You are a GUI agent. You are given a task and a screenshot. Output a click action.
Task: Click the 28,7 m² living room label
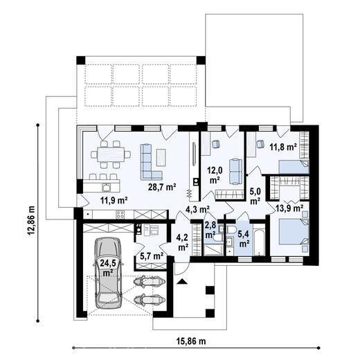162,187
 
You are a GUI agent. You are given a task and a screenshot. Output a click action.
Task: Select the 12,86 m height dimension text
31,220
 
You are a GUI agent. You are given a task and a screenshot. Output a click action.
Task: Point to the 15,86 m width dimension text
191,341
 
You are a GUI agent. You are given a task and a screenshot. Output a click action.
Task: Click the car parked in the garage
108,273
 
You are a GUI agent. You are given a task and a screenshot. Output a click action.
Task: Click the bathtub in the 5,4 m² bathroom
260,242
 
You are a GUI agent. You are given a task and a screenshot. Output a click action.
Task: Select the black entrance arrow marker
182,281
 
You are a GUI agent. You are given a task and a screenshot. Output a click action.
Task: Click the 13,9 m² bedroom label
289,208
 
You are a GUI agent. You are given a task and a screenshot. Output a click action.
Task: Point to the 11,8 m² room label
283,147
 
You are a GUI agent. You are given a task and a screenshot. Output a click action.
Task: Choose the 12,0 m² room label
215,176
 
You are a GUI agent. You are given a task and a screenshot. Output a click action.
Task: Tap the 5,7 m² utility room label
152,255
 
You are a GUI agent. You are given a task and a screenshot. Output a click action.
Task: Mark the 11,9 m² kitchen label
114,200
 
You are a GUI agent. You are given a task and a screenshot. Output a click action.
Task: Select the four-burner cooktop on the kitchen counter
120,215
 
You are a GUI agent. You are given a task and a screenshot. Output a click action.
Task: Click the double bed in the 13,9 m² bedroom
294,232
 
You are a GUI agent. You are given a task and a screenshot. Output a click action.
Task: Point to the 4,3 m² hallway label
197,209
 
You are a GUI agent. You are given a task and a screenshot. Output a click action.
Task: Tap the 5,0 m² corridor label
255,197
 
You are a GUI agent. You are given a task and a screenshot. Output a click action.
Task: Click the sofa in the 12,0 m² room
235,172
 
